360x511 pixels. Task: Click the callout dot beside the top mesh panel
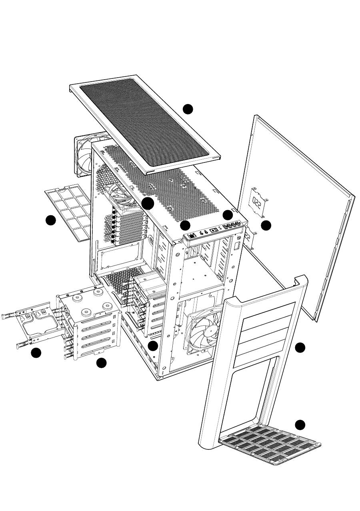[188, 109]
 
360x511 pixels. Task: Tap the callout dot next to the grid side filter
[50, 220]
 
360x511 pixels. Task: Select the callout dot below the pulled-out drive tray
[36, 353]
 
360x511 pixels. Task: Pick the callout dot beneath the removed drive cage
[101, 363]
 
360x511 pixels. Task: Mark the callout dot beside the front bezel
[300, 348]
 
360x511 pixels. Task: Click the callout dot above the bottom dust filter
[300, 425]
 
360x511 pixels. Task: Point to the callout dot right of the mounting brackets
[266, 225]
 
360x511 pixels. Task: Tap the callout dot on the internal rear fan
[148, 203]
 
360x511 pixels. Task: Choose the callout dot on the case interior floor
[152, 345]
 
